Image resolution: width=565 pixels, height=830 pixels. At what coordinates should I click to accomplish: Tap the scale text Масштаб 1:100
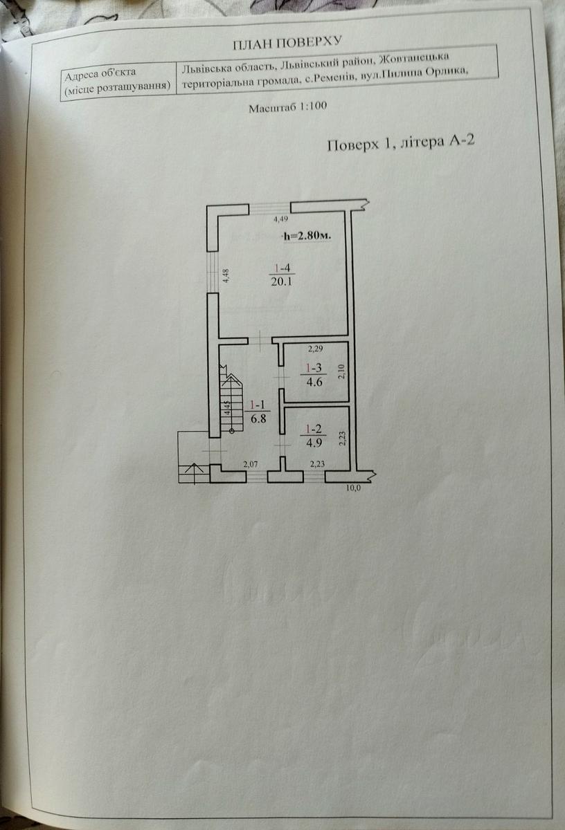(x=287, y=107)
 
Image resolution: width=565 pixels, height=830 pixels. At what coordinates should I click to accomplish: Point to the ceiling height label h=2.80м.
(x=307, y=236)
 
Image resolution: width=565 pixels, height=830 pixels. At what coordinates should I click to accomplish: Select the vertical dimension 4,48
(x=225, y=275)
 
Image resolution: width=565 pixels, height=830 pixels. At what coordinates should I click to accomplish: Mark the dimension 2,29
(x=315, y=347)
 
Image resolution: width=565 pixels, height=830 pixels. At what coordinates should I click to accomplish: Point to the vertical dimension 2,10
(x=341, y=373)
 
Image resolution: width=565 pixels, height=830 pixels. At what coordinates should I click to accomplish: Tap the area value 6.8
(x=256, y=418)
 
